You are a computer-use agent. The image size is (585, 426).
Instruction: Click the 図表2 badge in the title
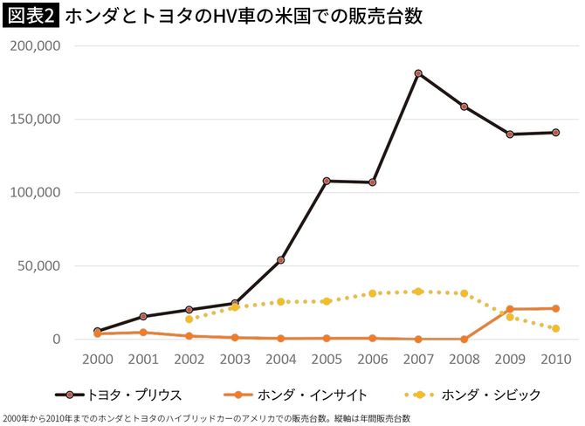click(30, 17)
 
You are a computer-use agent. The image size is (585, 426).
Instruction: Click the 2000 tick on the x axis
click(97, 360)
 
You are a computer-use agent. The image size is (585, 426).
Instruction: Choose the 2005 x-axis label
click(327, 360)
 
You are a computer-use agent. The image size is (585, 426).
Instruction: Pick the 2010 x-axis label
click(555, 360)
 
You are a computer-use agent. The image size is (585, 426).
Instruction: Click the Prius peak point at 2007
click(418, 73)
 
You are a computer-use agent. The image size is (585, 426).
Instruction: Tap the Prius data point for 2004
click(280, 260)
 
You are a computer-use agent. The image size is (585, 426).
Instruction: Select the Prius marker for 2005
click(327, 181)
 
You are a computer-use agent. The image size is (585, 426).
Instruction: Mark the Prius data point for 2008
click(464, 106)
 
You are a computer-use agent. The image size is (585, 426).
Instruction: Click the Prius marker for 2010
click(555, 133)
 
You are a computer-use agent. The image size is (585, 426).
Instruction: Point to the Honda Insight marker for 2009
click(510, 309)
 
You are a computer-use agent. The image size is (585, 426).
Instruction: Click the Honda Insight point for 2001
click(143, 332)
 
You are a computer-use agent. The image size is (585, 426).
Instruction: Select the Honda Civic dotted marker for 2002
click(189, 319)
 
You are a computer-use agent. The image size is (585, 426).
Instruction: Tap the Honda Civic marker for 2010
click(555, 328)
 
